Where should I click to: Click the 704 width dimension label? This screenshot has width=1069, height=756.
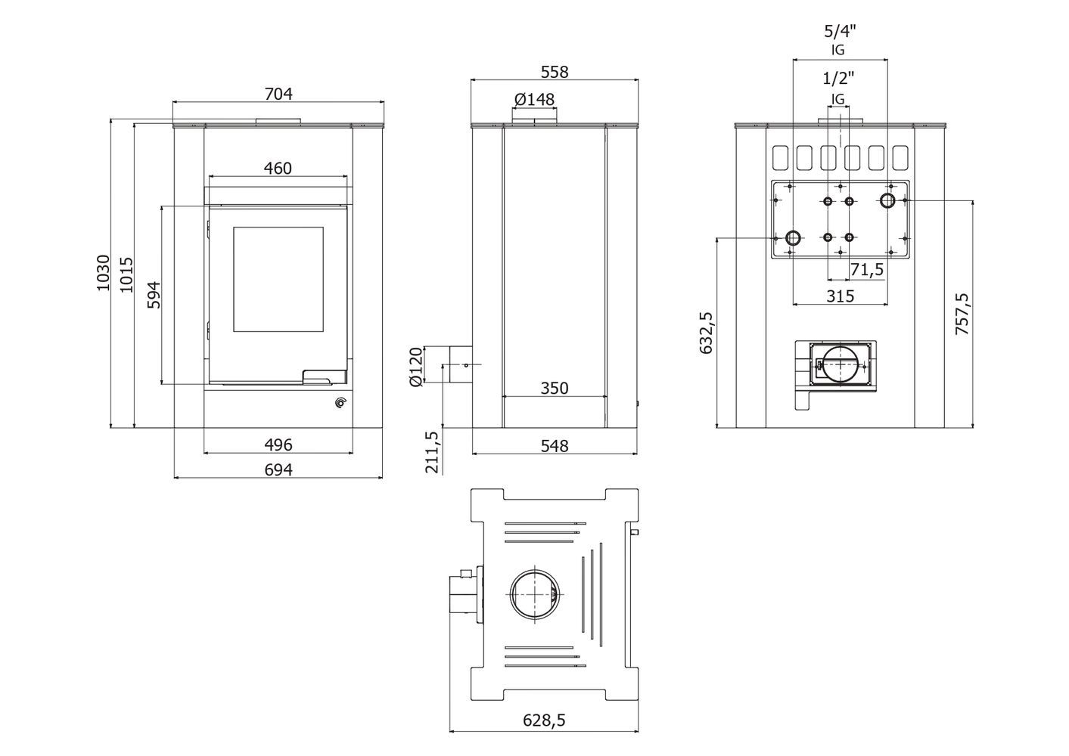point(278,94)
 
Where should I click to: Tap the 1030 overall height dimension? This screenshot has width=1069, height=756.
point(103,273)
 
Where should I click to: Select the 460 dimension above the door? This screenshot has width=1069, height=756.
point(277,168)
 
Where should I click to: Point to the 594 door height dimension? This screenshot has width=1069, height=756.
point(154,296)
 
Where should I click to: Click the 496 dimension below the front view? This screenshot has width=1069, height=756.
point(278,445)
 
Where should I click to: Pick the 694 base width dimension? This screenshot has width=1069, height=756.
point(278,469)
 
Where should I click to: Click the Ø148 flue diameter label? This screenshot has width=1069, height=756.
point(534,99)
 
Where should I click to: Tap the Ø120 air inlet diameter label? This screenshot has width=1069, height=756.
point(415,367)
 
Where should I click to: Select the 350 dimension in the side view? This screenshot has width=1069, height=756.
point(555,389)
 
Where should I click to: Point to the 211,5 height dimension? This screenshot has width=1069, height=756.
point(431,451)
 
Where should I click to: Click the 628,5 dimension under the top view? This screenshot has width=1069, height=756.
point(544,720)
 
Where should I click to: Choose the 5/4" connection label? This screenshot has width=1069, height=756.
point(840,32)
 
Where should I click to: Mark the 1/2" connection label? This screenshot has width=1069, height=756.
point(838,78)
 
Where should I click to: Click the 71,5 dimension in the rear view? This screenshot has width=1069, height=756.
point(867,270)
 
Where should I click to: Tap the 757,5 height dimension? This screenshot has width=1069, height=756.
point(962,314)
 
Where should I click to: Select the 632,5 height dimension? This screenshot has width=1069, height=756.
point(706,333)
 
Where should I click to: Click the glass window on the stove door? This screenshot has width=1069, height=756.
point(278,279)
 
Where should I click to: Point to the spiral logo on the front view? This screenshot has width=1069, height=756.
point(340,403)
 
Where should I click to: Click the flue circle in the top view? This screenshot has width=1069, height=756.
point(534,571)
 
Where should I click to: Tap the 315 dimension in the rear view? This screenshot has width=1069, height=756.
point(840,296)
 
